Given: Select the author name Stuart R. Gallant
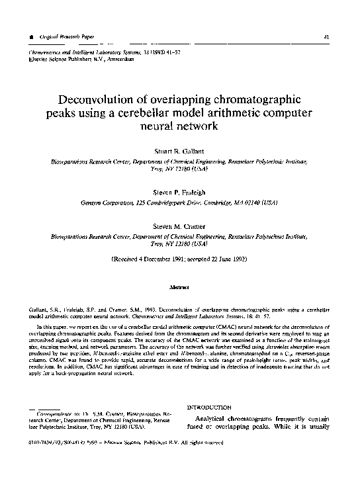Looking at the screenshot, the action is pyautogui.click(x=179, y=151).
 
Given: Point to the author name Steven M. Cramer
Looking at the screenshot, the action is pyautogui.click(x=179, y=227).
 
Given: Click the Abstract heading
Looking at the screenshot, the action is pyautogui.click(x=179, y=288).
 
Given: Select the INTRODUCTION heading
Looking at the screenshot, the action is pyautogui.click(x=210, y=408).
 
